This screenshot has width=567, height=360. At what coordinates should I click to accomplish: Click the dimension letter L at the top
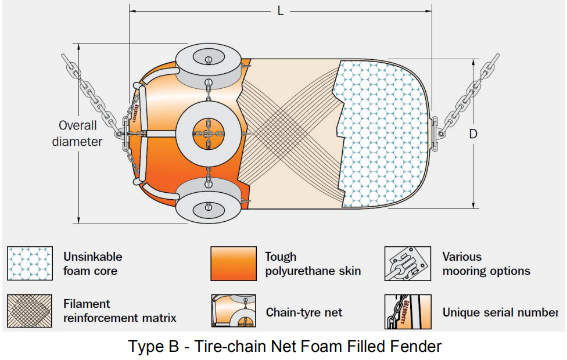(281, 11)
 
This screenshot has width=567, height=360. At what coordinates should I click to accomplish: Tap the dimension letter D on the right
(473, 134)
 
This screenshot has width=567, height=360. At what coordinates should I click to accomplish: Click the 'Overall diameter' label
(77, 134)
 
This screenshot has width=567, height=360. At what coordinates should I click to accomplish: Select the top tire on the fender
(209, 66)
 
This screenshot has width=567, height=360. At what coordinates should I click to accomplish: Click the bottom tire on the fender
(209, 200)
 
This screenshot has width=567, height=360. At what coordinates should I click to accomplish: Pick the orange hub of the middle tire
(209, 134)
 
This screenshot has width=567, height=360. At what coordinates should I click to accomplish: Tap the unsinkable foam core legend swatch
(30, 264)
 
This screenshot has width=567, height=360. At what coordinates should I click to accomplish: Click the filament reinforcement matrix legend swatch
(30, 311)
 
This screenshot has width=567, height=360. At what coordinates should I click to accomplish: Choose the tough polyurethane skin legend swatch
(234, 264)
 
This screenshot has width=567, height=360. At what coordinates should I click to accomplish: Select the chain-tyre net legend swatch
(234, 311)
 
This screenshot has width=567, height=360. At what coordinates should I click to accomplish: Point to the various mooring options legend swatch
(408, 264)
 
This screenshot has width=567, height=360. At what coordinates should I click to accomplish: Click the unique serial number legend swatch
(408, 312)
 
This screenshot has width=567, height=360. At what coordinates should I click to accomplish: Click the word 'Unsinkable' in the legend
(93, 257)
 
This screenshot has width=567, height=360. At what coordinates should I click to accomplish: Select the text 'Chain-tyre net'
(304, 312)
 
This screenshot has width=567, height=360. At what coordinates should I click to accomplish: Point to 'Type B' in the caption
(154, 346)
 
